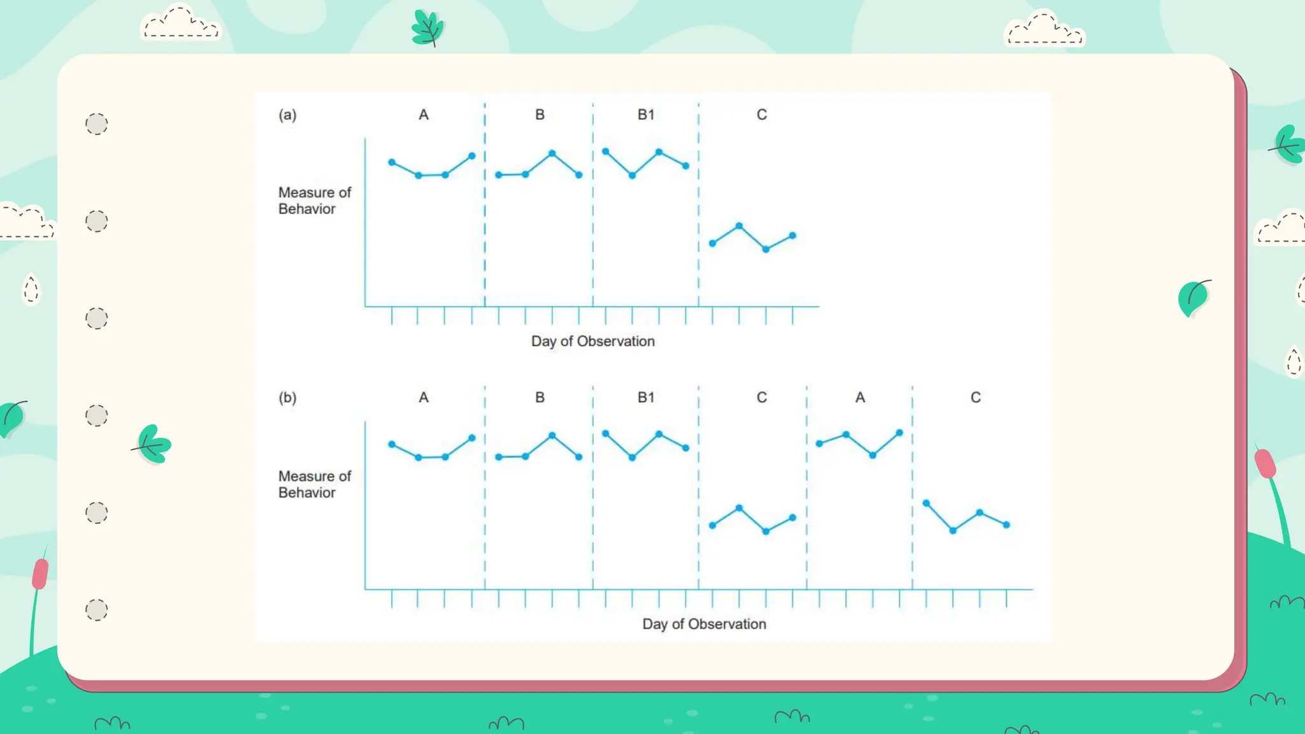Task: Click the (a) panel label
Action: (x=287, y=115)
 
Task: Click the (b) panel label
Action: (x=287, y=398)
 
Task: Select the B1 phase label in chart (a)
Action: (x=645, y=115)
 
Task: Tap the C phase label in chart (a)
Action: (x=761, y=115)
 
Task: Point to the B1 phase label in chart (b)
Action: (x=645, y=398)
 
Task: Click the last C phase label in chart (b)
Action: (x=975, y=398)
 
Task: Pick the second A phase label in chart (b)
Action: (x=860, y=398)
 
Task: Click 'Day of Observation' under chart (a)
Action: (x=593, y=342)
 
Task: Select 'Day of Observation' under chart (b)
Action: (x=704, y=624)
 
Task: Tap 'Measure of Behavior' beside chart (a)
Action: (x=314, y=201)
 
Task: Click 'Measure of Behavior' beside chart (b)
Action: (x=314, y=484)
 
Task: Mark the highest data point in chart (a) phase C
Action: (x=739, y=226)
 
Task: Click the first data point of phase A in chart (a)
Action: (x=392, y=162)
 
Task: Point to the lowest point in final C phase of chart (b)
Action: (x=953, y=530)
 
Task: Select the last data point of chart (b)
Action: (x=1007, y=525)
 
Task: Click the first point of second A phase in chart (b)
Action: (x=819, y=443)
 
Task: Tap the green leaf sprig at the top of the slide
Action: (x=428, y=29)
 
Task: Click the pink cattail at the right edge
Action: (x=1265, y=464)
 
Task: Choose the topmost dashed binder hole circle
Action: (x=97, y=124)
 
